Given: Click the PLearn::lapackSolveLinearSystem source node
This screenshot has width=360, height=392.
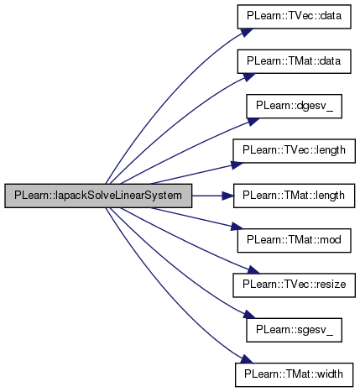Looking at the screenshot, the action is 98,196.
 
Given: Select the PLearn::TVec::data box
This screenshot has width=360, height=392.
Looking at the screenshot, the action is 294,17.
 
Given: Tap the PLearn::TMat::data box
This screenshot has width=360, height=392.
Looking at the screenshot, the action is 294,61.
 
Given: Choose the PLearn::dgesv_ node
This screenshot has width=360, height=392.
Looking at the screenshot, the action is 294,106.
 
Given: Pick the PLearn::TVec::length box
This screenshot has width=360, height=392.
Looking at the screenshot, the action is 294,151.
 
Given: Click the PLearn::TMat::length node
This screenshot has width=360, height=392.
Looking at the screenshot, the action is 294,196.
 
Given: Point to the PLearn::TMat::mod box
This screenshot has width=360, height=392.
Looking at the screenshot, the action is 294,240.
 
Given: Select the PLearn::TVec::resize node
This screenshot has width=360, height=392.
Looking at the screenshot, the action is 294,285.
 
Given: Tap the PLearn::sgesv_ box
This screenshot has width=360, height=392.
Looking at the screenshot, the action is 294,330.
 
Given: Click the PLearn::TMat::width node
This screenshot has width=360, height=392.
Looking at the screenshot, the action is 294,374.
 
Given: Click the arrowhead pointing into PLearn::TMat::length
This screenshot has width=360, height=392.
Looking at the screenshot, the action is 227,196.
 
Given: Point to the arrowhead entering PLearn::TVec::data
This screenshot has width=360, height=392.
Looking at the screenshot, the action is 247,32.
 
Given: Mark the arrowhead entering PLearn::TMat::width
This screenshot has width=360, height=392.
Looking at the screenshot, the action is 247,359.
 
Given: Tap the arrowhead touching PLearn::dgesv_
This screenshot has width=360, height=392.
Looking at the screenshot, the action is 253,122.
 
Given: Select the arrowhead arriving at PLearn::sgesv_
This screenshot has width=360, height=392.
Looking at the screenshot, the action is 250,315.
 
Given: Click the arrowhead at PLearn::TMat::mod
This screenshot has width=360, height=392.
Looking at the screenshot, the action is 237,227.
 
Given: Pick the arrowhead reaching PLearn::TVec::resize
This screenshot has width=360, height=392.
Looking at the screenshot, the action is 253,269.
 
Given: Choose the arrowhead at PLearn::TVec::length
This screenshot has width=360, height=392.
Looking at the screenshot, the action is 237,165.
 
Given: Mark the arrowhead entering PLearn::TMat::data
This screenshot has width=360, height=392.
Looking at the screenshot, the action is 249,77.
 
